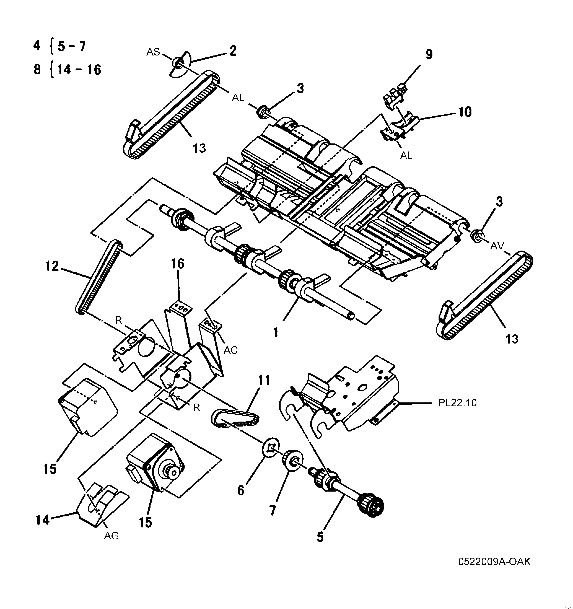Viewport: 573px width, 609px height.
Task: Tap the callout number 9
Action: tap(429, 55)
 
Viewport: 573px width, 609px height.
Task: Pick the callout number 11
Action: tap(264, 380)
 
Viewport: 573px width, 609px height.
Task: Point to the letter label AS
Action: tap(153, 52)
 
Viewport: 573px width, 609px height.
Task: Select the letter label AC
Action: tap(231, 350)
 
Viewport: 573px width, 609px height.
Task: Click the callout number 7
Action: tap(272, 510)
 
